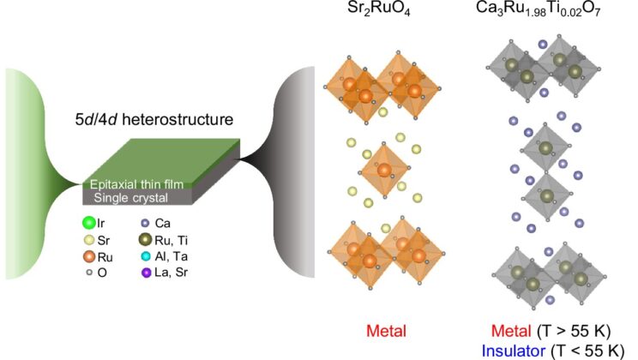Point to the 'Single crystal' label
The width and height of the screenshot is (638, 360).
coord(129,199)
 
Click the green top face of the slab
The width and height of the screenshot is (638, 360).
coord(163,159)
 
